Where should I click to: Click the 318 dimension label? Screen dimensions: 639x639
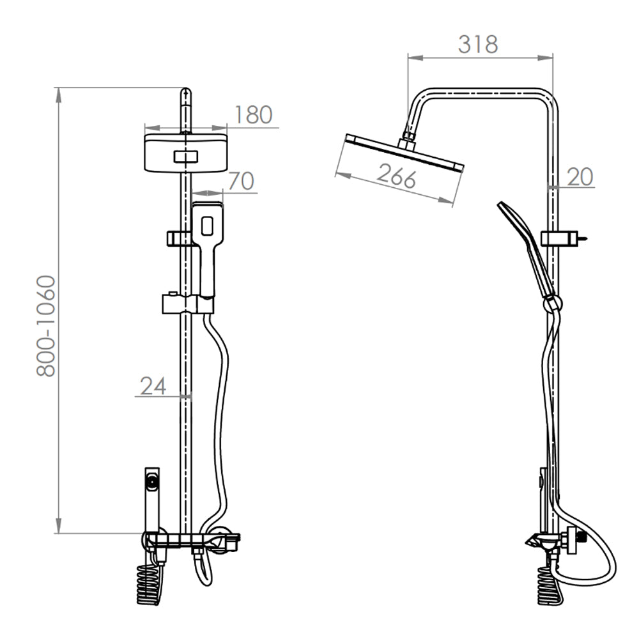[x=478, y=45]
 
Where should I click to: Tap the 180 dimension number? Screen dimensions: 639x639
[x=253, y=115]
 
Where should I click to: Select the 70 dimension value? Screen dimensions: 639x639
[x=242, y=181]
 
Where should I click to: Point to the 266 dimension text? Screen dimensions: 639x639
[x=396, y=176]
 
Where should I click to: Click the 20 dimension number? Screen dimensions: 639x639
[x=580, y=177]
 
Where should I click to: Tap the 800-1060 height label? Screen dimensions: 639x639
[x=45, y=326]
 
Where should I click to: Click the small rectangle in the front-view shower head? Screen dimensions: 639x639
[x=186, y=157]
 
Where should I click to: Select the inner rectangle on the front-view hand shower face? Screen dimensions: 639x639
[x=208, y=226]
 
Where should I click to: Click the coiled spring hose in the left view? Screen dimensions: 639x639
[x=148, y=585]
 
